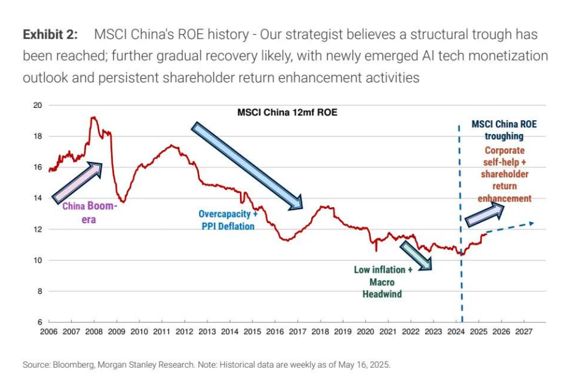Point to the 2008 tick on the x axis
93,332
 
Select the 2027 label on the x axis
523,332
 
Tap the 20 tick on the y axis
38,105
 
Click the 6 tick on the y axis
40,322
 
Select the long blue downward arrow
247,165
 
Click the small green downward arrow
415,255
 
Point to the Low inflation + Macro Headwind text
383,282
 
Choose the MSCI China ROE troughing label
503,130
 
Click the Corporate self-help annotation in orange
504,174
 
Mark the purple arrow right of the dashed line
485,213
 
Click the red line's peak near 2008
93,117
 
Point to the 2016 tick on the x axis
275,332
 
